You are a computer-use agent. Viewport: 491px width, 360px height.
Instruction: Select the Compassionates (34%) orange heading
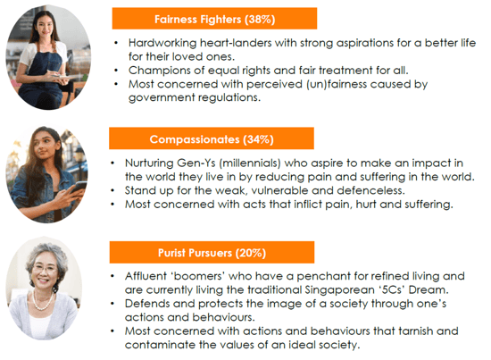(x=211, y=138)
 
